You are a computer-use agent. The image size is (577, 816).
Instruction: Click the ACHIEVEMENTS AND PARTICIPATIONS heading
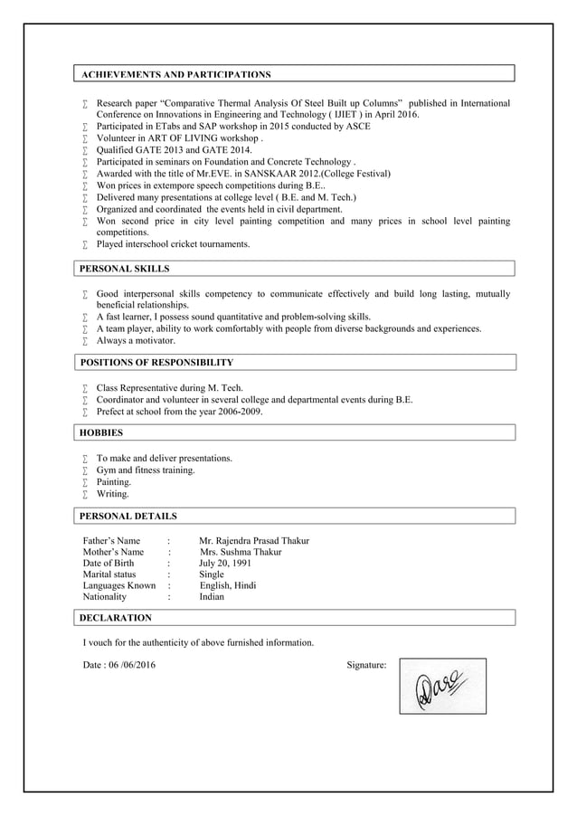coord(175,74)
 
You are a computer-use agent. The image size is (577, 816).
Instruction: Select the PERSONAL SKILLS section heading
coord(124,269)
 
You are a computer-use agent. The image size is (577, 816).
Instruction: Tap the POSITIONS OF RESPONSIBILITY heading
coord(156,363)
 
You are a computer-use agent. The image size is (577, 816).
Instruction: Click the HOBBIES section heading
coord(101,433)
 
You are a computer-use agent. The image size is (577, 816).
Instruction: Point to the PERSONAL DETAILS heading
coord(128,517)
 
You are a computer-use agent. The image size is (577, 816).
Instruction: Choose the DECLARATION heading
coord(116,618)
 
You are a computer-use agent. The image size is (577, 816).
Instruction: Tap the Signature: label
coord(366,666)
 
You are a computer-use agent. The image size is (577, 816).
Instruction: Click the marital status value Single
coord(212,574)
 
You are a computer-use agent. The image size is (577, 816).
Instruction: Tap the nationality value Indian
coord(212,597)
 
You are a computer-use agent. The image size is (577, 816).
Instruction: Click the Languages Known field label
coord(118,585)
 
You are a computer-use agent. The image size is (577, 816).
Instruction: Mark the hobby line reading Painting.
coord(114,482)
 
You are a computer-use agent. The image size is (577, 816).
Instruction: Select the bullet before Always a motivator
coord(84,342)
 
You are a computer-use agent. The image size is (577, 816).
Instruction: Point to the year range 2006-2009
coord(239,412)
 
